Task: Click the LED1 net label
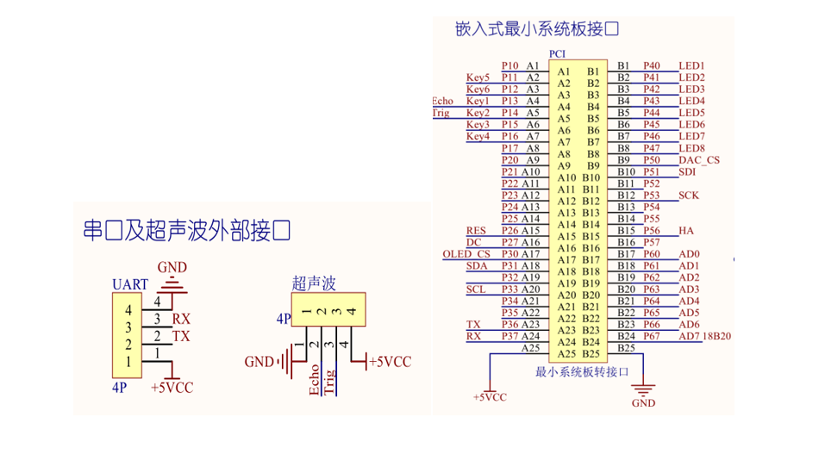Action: coord(691,65)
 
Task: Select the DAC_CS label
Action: coord(698,160)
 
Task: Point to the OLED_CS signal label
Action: coord(466,254)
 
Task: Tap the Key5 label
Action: coord(478,78)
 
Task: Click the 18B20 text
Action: coord(717,336)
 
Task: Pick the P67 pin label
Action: coord(651,336)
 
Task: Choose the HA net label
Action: coord(686,231)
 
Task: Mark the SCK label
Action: coord(689,196)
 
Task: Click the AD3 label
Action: coord(689,289)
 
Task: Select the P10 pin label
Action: coord(509,65)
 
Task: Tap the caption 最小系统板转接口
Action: coord(582,372)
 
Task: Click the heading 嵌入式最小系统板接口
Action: coord(537,29)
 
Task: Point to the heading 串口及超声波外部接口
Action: coord(185,231)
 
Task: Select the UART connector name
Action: coord(130,284)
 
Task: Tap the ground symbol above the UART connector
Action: coord(175,283)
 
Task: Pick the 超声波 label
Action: coord(314,283)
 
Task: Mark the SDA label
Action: coord(477,266)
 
